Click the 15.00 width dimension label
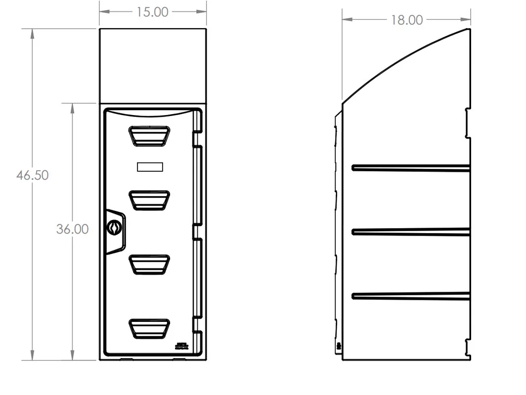pos(152,12)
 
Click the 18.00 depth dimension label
pos(407,20)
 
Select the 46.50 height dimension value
pos(32,175)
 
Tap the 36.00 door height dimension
pos(72,229)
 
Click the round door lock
pos(114,228)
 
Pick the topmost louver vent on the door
pos(149,136)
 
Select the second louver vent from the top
pos(149,200)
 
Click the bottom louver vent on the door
pos(149,328)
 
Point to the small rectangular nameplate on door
pos(150,167)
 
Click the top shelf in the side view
pos(410,168)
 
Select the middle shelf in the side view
pos(410,232)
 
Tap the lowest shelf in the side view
pos(410,296)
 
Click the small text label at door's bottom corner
pos(182,346)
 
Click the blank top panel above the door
pos(153,66)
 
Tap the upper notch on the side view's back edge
pos(467,123)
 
